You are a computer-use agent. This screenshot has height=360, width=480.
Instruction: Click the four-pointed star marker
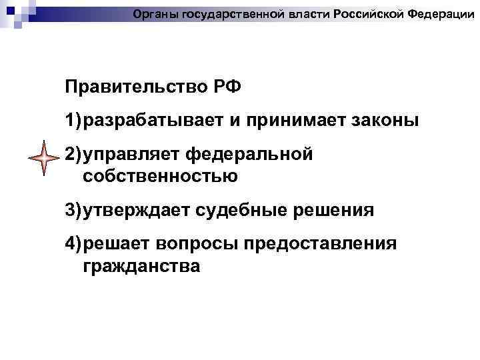tap(45, 158)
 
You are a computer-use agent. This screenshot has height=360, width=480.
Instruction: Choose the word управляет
tap(130, 155)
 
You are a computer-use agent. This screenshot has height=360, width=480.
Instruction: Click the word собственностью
tap(161, 176)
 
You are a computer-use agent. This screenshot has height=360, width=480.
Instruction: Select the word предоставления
tap(321, 244)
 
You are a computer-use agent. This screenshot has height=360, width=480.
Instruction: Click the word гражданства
tap(141, 266)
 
